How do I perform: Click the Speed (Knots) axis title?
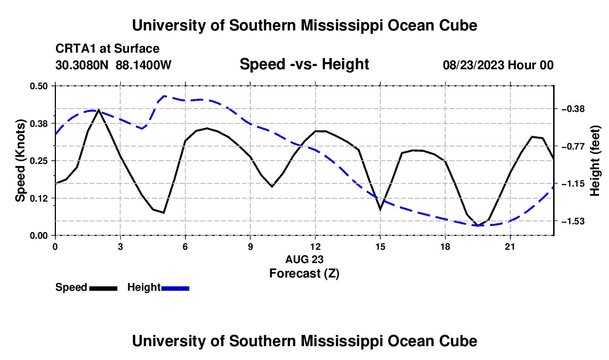(20, 161)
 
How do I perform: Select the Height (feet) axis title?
(595, 161)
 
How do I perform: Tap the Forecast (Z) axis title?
(304, 274)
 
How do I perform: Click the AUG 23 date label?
(304, 259)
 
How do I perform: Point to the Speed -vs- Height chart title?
(304, 64)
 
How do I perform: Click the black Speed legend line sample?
(104, 289)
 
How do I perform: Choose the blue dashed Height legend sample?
(175, 289)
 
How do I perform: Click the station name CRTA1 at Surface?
(107, 49)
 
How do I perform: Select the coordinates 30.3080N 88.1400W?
(113, 65)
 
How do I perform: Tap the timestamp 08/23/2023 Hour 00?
(498, 65)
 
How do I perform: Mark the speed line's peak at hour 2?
(99, 110)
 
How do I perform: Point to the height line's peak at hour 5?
(164, 96)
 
